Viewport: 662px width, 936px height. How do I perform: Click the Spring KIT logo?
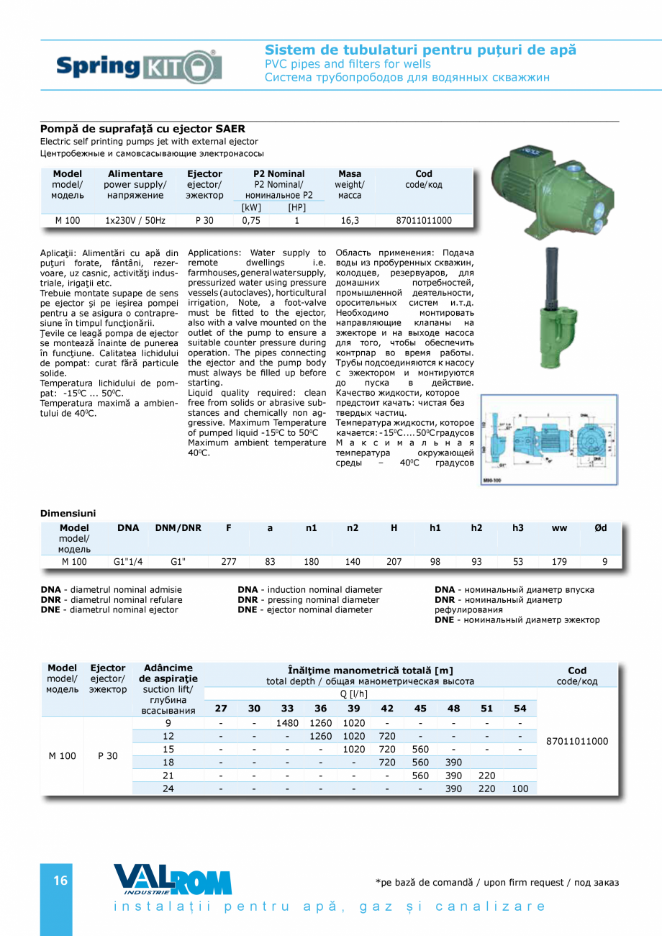(139, 67)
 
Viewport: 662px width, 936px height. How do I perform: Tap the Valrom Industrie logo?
(173, 879)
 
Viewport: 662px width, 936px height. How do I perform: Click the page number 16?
(60, 881)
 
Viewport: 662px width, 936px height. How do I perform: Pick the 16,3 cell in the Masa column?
(349, 221)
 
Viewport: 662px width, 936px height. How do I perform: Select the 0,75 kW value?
(250, 221)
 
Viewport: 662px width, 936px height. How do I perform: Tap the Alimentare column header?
(135, 174)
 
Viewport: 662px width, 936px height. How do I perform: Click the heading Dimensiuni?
(68, 513)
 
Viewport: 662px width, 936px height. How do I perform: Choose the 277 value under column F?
(228, 562)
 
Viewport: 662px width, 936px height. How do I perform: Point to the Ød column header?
(600, 528)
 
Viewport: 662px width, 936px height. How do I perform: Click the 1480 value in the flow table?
(287, 723)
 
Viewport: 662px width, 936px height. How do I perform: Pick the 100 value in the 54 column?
(520, 789)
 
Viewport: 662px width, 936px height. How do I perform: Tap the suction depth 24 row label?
(168, 789)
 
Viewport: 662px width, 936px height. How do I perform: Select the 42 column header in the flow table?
(387, 709)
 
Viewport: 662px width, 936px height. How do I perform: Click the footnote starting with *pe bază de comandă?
(496, 883)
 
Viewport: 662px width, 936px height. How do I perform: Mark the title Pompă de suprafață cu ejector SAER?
(142, 130)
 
